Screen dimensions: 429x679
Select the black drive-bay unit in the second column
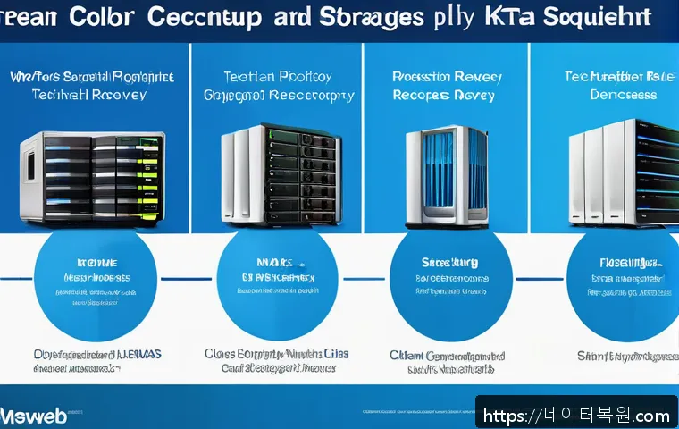(282, 175)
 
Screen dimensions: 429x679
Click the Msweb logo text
(27, 416)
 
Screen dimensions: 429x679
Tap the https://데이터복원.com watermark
(576, 416)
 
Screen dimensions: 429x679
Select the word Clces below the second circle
(222, 354)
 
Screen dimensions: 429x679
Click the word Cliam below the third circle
(406, 354)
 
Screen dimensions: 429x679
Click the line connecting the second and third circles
(362, 278)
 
